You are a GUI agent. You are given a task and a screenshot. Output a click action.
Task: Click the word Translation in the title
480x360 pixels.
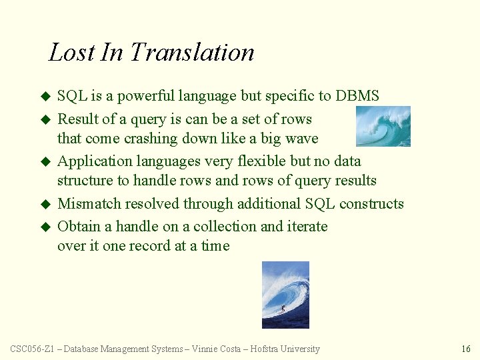coord(192,52)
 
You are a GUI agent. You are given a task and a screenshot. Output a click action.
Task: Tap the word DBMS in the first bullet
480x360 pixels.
coord(357,96)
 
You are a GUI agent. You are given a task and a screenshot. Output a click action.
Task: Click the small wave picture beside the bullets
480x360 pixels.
coord(383,126)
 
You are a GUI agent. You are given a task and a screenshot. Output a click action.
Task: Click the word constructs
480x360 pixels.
coord(371,204)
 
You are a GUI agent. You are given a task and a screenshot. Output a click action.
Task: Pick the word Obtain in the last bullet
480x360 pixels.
coord(77,227)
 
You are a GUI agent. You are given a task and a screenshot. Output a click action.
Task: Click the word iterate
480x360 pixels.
coord(307,227)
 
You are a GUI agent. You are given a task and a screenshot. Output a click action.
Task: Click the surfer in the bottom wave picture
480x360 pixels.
coord(283,309)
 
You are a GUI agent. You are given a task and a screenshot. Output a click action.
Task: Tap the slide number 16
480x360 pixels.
coord(465,349)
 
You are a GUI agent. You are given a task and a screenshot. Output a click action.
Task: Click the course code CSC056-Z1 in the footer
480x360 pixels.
coord(33,349)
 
